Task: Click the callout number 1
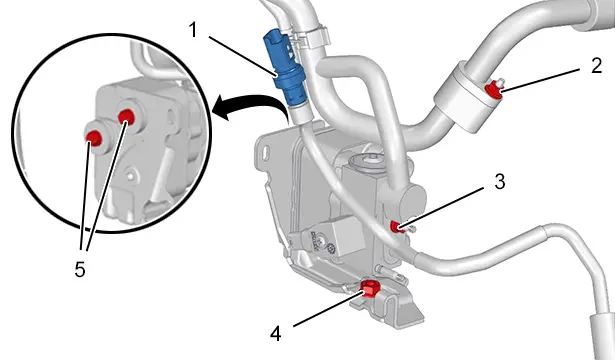pos(193,30)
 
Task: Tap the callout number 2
pos(596,65)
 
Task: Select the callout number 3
pos(499,182)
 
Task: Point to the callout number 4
pos(276,335)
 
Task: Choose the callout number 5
pos(80,270)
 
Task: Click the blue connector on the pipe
pos(286,68)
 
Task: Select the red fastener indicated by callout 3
pos(397,226)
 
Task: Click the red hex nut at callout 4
pos(369,288)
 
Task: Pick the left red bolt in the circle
pos(94,137)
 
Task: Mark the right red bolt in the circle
pos(126,116)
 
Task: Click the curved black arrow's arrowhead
pos(222,108)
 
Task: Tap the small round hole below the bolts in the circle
pos(131,172)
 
